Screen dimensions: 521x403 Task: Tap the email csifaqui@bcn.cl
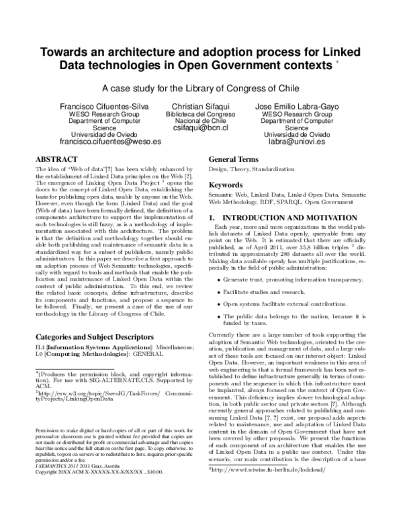click(201, 127)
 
